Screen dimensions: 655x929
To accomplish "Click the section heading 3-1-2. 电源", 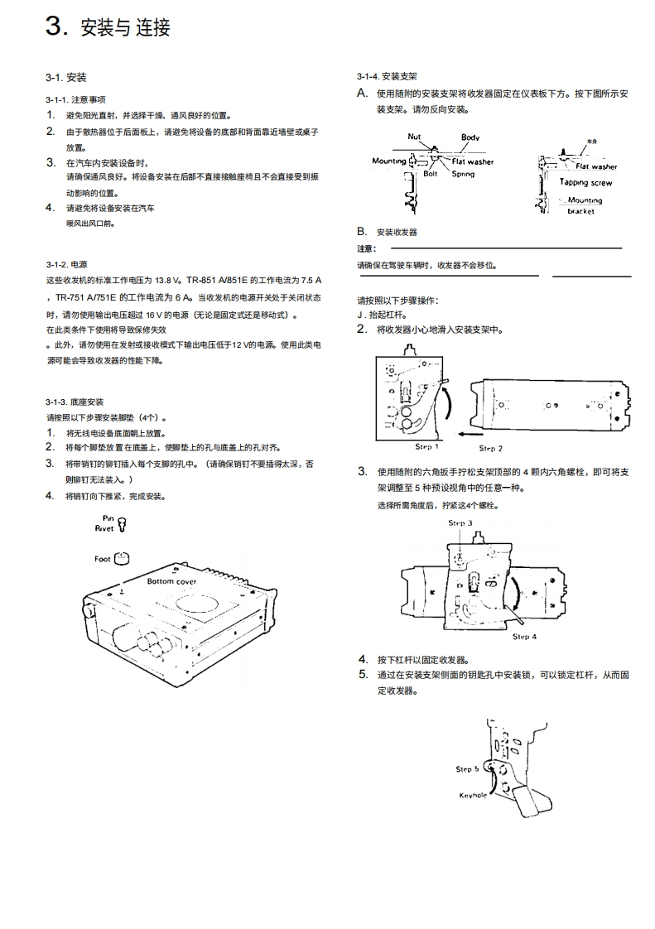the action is point(66,264).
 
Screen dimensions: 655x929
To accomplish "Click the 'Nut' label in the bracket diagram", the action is point(416,137).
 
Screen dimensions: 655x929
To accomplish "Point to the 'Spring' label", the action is point(463,174).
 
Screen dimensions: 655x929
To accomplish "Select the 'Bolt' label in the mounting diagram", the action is point(431,174).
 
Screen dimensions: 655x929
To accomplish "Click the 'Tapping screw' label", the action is point(585,182).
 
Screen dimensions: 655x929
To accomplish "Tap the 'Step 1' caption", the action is point(427,446).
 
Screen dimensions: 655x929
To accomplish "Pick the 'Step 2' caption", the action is point(490,448).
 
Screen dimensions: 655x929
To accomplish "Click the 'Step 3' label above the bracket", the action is point(460,523).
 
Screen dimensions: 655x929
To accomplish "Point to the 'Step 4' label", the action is point(524,637).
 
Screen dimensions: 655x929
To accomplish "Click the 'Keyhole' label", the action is point(473,795).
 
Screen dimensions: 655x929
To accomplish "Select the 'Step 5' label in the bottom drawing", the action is point(468,769).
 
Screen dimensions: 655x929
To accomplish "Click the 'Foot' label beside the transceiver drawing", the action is point(102,559).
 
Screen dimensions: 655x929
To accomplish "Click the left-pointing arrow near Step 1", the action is point(473,433).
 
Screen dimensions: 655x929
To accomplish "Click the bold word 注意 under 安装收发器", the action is point(366,248).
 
